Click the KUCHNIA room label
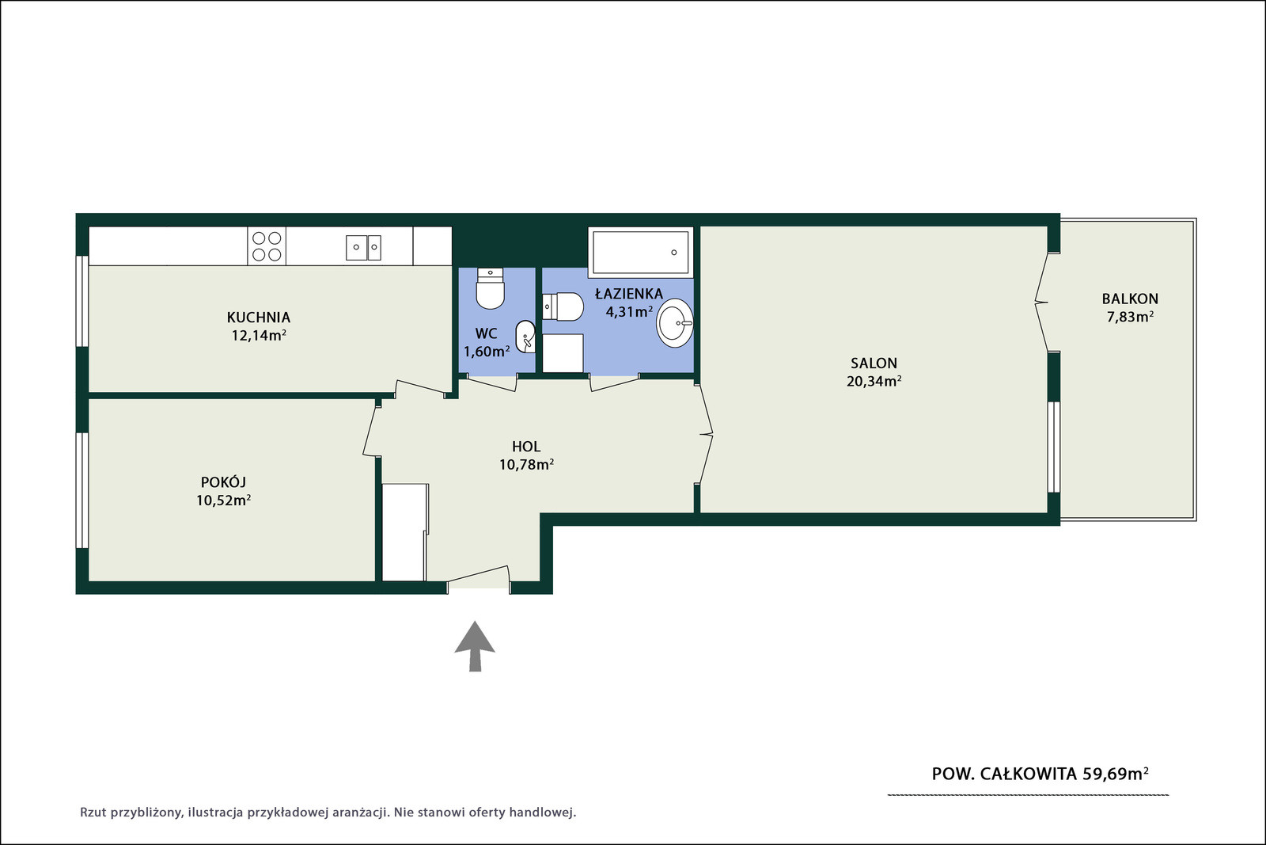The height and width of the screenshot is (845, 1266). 258,318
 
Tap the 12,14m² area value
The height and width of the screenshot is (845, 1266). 259,336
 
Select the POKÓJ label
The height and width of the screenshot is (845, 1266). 224,481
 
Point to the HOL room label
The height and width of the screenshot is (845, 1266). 526,446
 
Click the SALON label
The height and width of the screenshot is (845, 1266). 874,364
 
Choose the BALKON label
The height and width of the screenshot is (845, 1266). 1130,299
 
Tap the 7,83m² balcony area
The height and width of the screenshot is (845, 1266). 1130,317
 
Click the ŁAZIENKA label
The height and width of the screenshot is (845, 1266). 629,294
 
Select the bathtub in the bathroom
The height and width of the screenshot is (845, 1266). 640,253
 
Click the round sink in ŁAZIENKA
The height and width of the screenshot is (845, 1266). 675,323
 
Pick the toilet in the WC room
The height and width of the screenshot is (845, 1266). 490,288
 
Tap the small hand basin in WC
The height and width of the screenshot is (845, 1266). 525,337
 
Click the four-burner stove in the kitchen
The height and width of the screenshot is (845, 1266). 267,246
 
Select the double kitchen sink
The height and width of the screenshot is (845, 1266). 363,248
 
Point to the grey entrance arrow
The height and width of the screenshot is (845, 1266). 475,646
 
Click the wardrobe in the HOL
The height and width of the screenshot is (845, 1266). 404,532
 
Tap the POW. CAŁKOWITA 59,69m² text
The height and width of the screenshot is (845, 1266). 1040,774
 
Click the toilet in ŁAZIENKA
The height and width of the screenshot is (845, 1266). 563,307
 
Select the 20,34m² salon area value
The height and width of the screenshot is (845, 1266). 874,381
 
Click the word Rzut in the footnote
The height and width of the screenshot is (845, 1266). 93,813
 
